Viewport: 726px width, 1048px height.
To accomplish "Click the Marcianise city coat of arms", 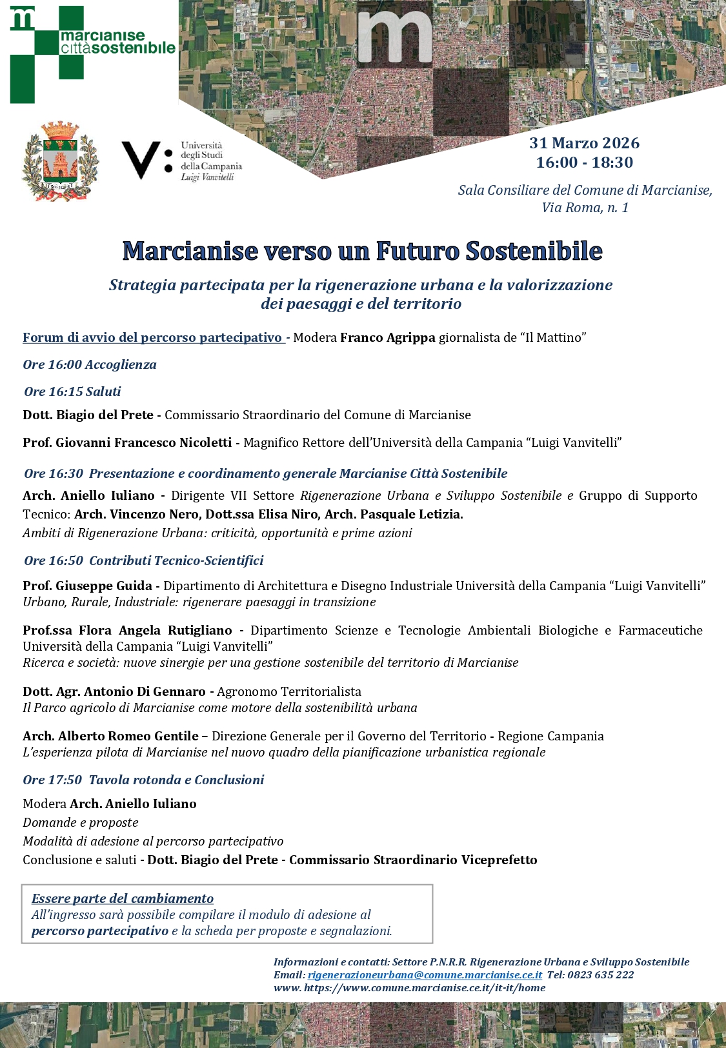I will click(59, 161).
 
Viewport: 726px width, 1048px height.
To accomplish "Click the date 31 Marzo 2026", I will click(584, 143).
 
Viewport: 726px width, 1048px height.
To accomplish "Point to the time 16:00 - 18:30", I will click(584, 163).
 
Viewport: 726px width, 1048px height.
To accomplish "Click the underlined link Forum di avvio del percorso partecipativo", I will click(153, 337).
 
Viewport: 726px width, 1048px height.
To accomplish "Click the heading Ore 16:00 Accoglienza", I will click(90, 364).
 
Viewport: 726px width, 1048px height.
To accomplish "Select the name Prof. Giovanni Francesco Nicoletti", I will click(127, 442).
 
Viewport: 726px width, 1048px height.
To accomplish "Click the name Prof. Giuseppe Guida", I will click(87, 586).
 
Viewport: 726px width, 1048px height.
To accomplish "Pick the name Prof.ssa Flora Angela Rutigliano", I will click(127, 630).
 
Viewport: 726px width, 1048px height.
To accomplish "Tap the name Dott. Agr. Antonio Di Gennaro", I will click(114, 691).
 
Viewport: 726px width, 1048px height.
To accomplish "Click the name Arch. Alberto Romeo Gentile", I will click(110, 736).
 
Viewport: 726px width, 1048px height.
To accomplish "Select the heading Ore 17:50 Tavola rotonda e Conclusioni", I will click(143, 780).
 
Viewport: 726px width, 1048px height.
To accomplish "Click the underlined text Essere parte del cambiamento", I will click(123, 898).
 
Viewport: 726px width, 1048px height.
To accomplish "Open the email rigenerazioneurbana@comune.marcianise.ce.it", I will click(425, 974).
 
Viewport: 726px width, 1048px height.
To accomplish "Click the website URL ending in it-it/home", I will click(425, 987).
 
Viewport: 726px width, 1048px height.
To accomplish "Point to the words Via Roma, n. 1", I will click(585, 208).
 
